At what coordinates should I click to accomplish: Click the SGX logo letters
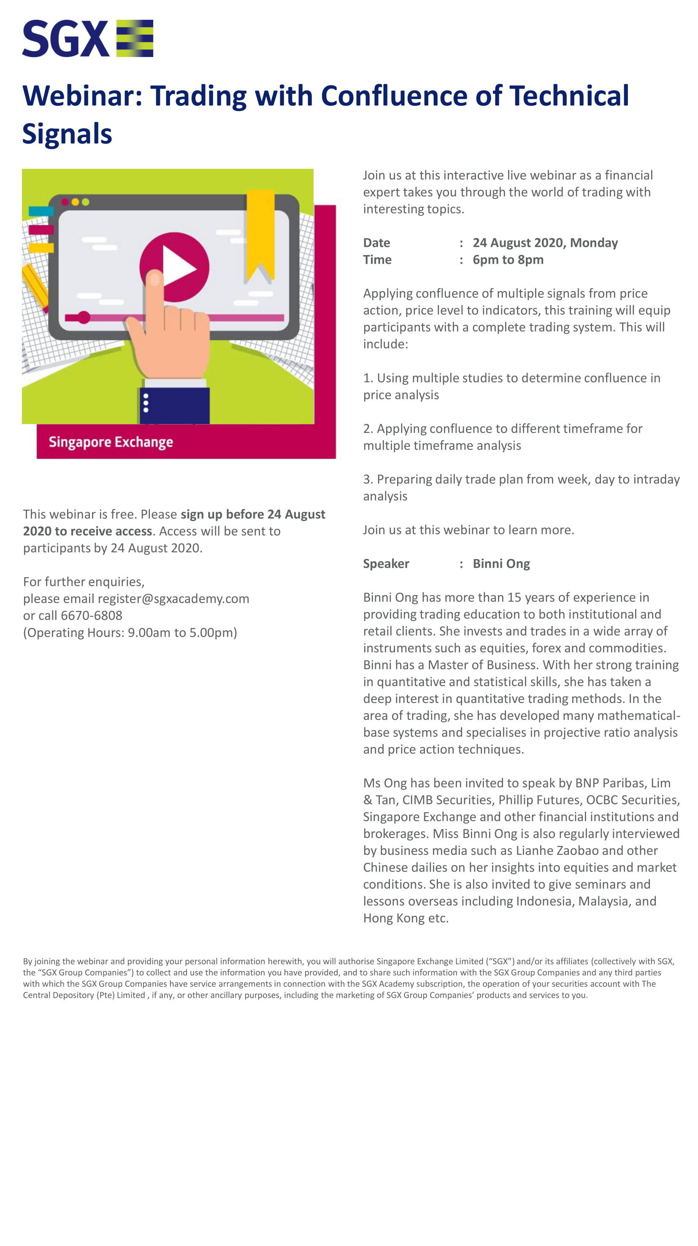(65, 39)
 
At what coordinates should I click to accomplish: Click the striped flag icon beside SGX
(135, 38)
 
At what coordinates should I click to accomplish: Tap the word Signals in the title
(67, 134)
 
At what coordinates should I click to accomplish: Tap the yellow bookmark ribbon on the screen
(260, 232)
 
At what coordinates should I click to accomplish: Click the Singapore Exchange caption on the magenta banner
(111, 442)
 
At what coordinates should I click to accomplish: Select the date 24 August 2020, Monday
(545, 243)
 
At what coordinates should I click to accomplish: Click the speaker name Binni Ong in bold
(501, 563)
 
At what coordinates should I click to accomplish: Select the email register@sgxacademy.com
(173, 599)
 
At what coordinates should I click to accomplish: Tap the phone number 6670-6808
(92, 615)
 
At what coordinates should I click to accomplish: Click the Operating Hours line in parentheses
(130, 632)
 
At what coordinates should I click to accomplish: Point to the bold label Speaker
(386, 563)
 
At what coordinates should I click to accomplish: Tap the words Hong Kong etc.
(406, 918)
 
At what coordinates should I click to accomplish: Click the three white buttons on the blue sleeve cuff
(146, 403)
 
